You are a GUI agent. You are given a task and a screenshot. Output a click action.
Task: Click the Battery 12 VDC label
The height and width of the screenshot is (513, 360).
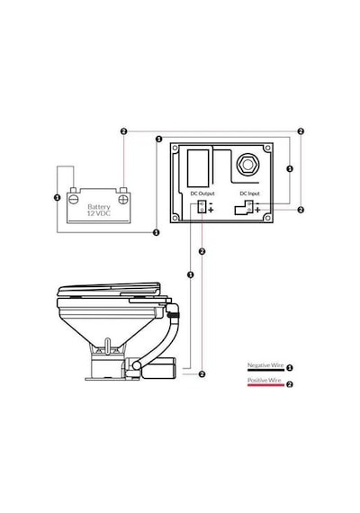click(x=99, y=210)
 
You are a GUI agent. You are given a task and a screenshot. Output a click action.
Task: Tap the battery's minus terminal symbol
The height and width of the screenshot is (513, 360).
click(x=74, y=199)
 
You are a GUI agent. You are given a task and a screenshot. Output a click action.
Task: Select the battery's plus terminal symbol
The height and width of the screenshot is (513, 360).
click(x=123, y=199)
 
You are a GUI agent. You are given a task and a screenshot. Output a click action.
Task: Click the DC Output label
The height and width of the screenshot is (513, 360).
click(x=202, y=193)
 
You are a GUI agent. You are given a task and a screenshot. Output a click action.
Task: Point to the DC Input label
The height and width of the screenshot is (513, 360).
click(x=249, y=193)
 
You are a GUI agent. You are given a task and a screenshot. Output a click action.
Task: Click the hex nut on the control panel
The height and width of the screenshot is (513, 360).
click(x=247, y=165)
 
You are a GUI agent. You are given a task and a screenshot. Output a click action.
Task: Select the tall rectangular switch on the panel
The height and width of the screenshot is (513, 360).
click(x=198, y=169)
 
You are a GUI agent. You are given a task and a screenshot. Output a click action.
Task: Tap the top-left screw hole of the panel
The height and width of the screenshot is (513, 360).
click(x=175, y=148)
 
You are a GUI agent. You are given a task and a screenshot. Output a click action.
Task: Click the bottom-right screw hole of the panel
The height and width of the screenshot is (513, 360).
click(x=267, y=218)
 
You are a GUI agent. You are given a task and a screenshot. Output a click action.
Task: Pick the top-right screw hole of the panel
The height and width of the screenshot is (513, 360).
click(x=267, y=148)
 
